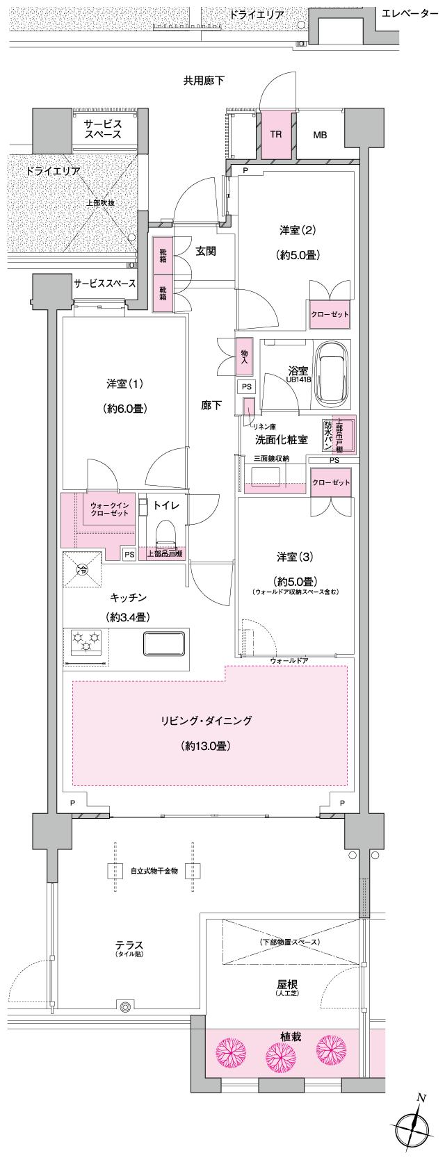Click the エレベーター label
pyautogui.click(x=410, y=13)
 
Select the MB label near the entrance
pyautogui.click(x=319, y=135)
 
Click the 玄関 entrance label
pyautogui.click(x=205, y=251)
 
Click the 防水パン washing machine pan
pyautogui.click(x=328, y=435)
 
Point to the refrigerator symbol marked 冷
pyautogui.click(x=82, y=569)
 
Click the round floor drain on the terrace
pyautogui.click(x=125, y=1006)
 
